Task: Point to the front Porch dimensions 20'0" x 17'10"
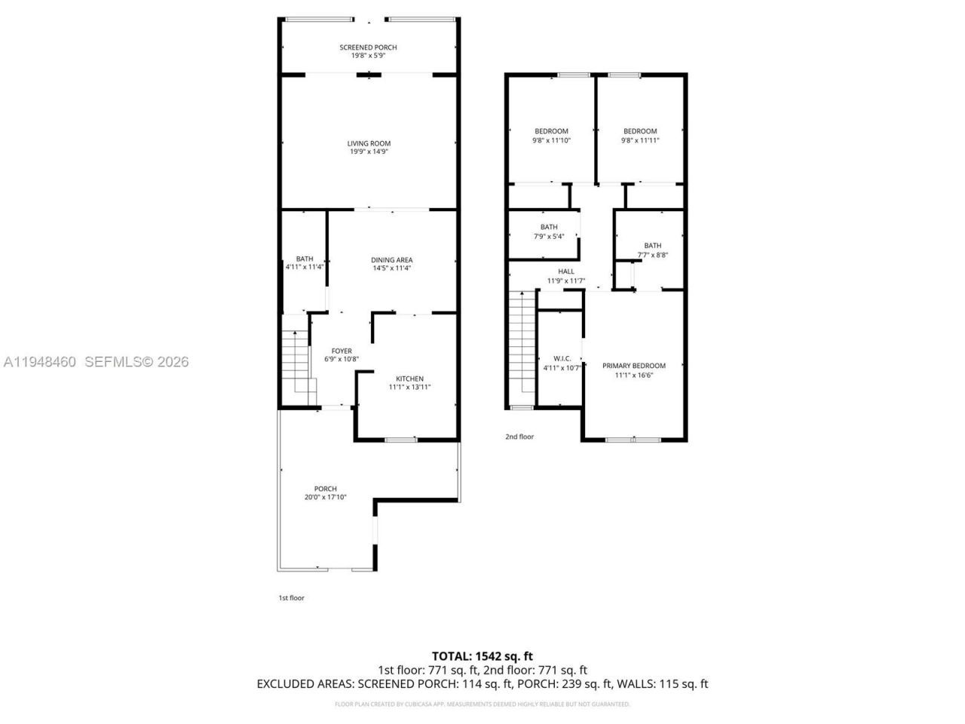326,497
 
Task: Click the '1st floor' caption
292,598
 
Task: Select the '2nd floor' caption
519,437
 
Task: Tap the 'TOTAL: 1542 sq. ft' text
482,656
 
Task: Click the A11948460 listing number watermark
40,362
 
